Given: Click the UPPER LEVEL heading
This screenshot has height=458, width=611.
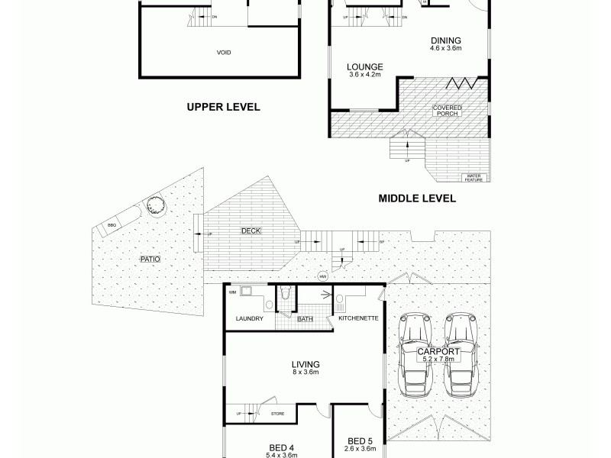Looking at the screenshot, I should [x=224, y=108].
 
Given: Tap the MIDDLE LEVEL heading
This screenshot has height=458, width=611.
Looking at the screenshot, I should [x=417, y=198].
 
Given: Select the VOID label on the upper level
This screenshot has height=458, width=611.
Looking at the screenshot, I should [x=224, y=53].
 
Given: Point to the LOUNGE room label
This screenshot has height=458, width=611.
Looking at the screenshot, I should [x=365, y=66].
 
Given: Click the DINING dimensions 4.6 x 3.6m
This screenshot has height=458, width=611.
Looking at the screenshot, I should [x=445, y=48].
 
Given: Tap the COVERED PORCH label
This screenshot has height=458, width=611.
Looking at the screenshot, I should [x=447, y=111].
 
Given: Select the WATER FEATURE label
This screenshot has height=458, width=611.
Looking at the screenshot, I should [x=475, y=178].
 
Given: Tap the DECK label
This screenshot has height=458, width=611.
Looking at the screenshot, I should [x=250, y=230].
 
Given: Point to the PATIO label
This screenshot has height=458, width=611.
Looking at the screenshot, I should [x=150, y=260].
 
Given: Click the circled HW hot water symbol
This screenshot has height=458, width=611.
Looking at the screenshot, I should [x=323, y=276].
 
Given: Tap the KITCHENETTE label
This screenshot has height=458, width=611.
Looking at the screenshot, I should [x=354, y=318].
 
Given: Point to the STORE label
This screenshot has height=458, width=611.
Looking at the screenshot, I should [x=278, y=414].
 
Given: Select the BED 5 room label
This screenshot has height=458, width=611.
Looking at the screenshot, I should [x=359, y=440].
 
